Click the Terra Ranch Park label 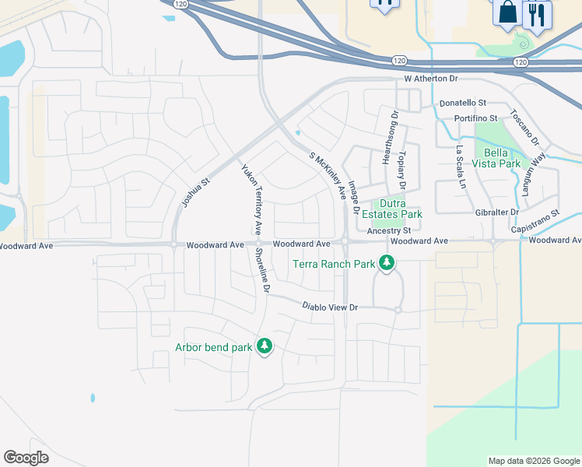coord(334,264)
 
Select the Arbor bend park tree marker coord(265,346)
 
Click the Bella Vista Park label coord(502,158)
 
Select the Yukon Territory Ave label coord(251,198)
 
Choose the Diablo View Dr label coord(330,308)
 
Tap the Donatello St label coord(462,103)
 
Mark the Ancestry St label coord(388,231)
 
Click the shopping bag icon coord(507,13)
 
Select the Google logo coord(26,458)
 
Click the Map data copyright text coord(533,461)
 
